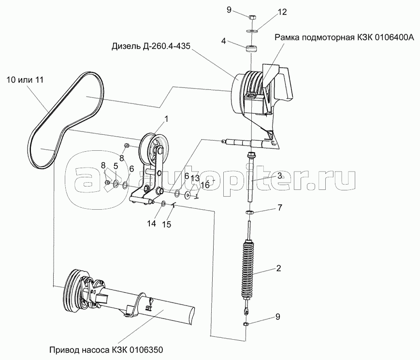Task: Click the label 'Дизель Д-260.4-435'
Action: coord(151,46)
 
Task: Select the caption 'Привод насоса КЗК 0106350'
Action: coord(106,350)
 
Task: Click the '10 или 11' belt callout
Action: coord(25,80)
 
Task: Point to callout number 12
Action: coord(282,12)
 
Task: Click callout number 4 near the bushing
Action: coord(224,41)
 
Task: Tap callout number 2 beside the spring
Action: coord(278,268)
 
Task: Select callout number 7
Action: coord(280,207)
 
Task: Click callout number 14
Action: coord(152,223)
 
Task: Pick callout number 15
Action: coord(167,224)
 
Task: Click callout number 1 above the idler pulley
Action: coord(166,119)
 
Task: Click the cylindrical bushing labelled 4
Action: coord(251,49)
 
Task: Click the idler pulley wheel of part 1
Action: coord(155,149)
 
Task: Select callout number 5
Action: coord(116,166)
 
